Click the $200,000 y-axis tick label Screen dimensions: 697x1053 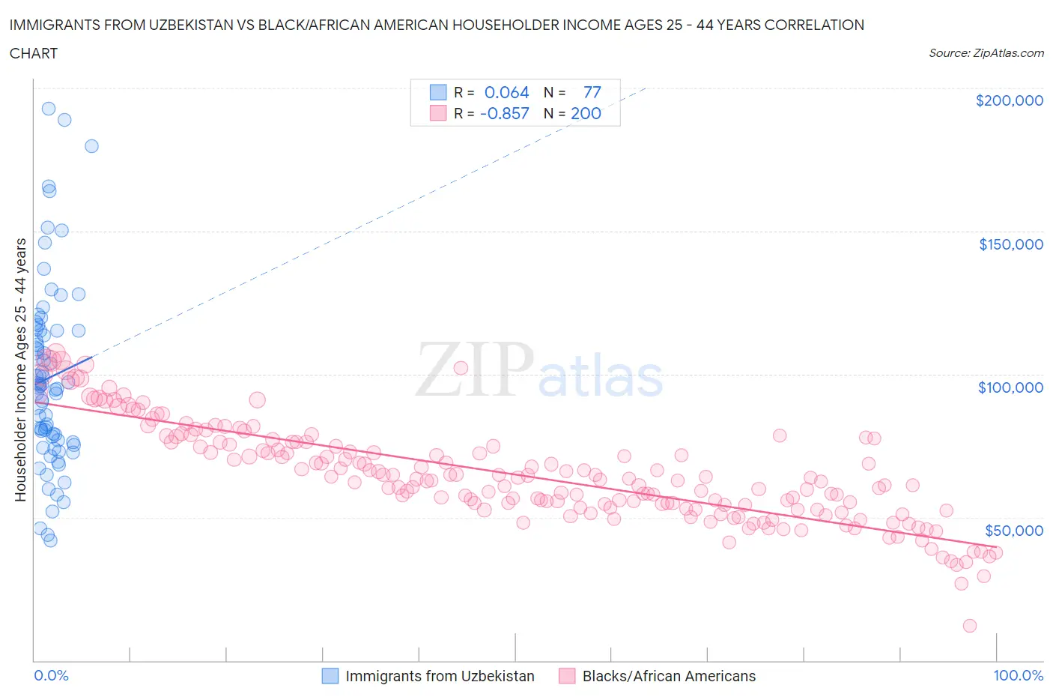tap(1009, 100)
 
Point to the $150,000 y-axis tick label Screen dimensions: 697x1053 tap(1010, 244)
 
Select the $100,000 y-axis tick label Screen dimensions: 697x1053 tap(1010, 387)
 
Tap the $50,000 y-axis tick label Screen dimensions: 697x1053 tap(1013, 531)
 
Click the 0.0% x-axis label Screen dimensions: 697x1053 tap(51, 675)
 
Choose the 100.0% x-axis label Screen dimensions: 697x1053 tap(1018, 675)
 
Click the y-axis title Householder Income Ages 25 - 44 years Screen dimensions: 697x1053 tap(20, 369)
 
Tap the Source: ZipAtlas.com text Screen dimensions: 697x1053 tap(986, 53)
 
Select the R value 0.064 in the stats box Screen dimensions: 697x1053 tap(506, 92)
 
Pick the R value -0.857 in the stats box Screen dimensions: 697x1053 tap(504, 113)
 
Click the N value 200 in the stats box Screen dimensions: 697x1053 tap(586, 113)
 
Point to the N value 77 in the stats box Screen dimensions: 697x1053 tap(592, 92)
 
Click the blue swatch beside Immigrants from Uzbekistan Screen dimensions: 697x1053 tap(330, 676)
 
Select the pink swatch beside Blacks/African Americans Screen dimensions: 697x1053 tap(567, 676)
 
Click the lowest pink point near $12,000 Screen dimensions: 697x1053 tap(970, 626)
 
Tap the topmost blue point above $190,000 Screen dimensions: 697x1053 tap(49, 109)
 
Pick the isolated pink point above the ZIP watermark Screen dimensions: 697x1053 tap(461, 367)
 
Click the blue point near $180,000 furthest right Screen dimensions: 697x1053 tap(91, 146)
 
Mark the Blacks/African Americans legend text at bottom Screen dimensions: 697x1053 tap(669, 676)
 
